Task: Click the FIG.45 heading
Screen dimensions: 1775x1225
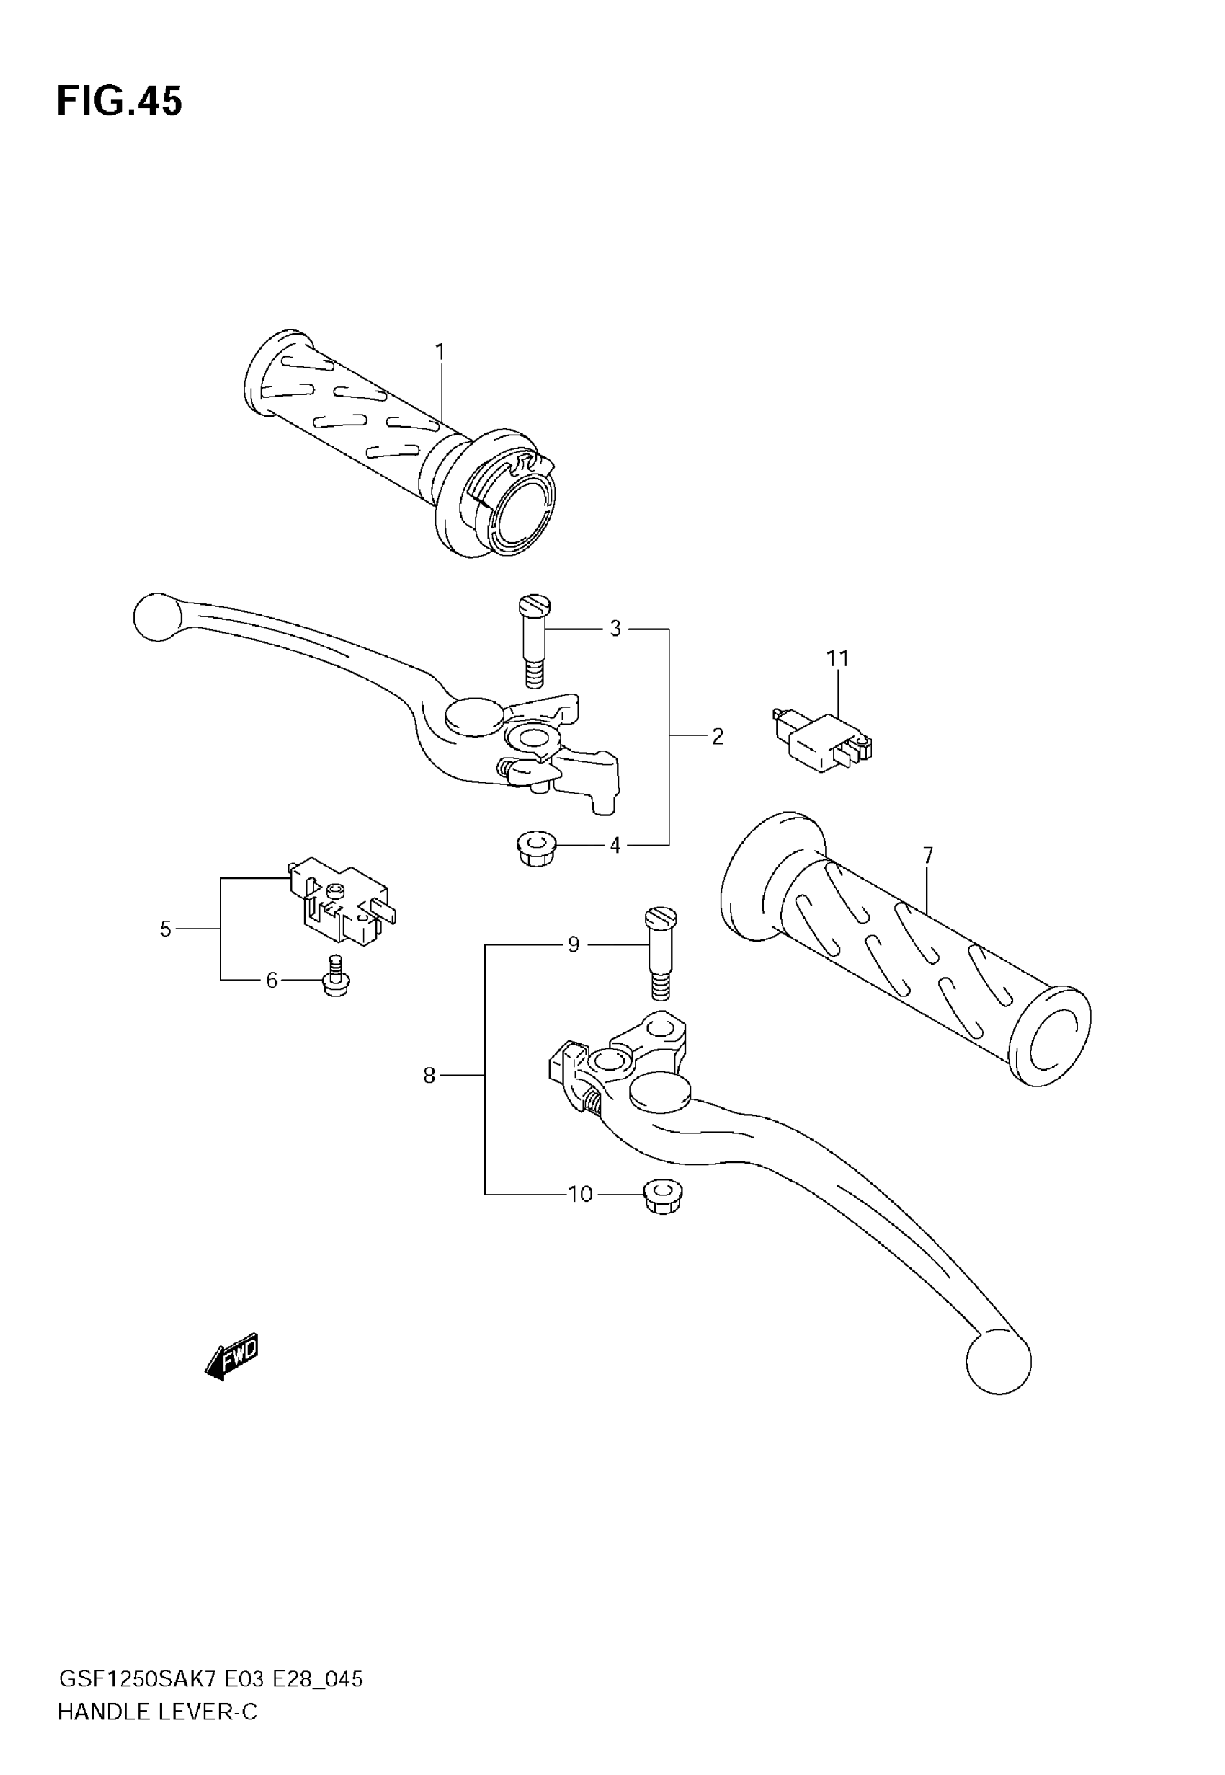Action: (120, 102)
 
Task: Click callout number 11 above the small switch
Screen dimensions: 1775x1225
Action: (837, 658)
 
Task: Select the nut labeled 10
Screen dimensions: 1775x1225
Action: (663, 1198)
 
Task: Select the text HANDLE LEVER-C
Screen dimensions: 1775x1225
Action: (157, 1712)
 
